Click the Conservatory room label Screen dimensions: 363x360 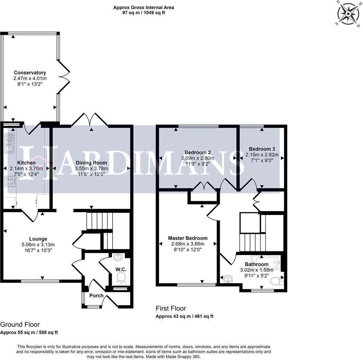click(x=30, y=73)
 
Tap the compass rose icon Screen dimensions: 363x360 click(x=348, y=14)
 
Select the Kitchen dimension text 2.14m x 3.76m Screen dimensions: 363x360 click(x=26, y=169)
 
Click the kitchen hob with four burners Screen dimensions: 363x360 click(x=10, y=182)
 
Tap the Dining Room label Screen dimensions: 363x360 click(x=91, y=163)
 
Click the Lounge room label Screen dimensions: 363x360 click(x=38, y=239)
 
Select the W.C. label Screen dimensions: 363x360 click(x=121, y=270)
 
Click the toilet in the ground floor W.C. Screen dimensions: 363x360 click(x=121, y=278)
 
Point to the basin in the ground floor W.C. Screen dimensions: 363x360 click(x=118, y=257)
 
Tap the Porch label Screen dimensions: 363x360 click(x=96, y=296)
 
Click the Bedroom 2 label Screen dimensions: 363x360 click(x=198, y=152)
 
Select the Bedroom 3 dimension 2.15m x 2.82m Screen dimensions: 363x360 click(x=262, y=155)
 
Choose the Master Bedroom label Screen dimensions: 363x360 click(x=188, y=238)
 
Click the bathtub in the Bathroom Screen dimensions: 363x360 click(x=266, y=263)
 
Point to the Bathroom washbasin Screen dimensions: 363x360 click(x=228, y=279)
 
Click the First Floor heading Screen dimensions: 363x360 click(x=171, y=308)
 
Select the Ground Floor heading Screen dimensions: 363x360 click(x=20, y=325)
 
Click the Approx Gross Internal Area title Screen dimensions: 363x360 click(x=143, y=7)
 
